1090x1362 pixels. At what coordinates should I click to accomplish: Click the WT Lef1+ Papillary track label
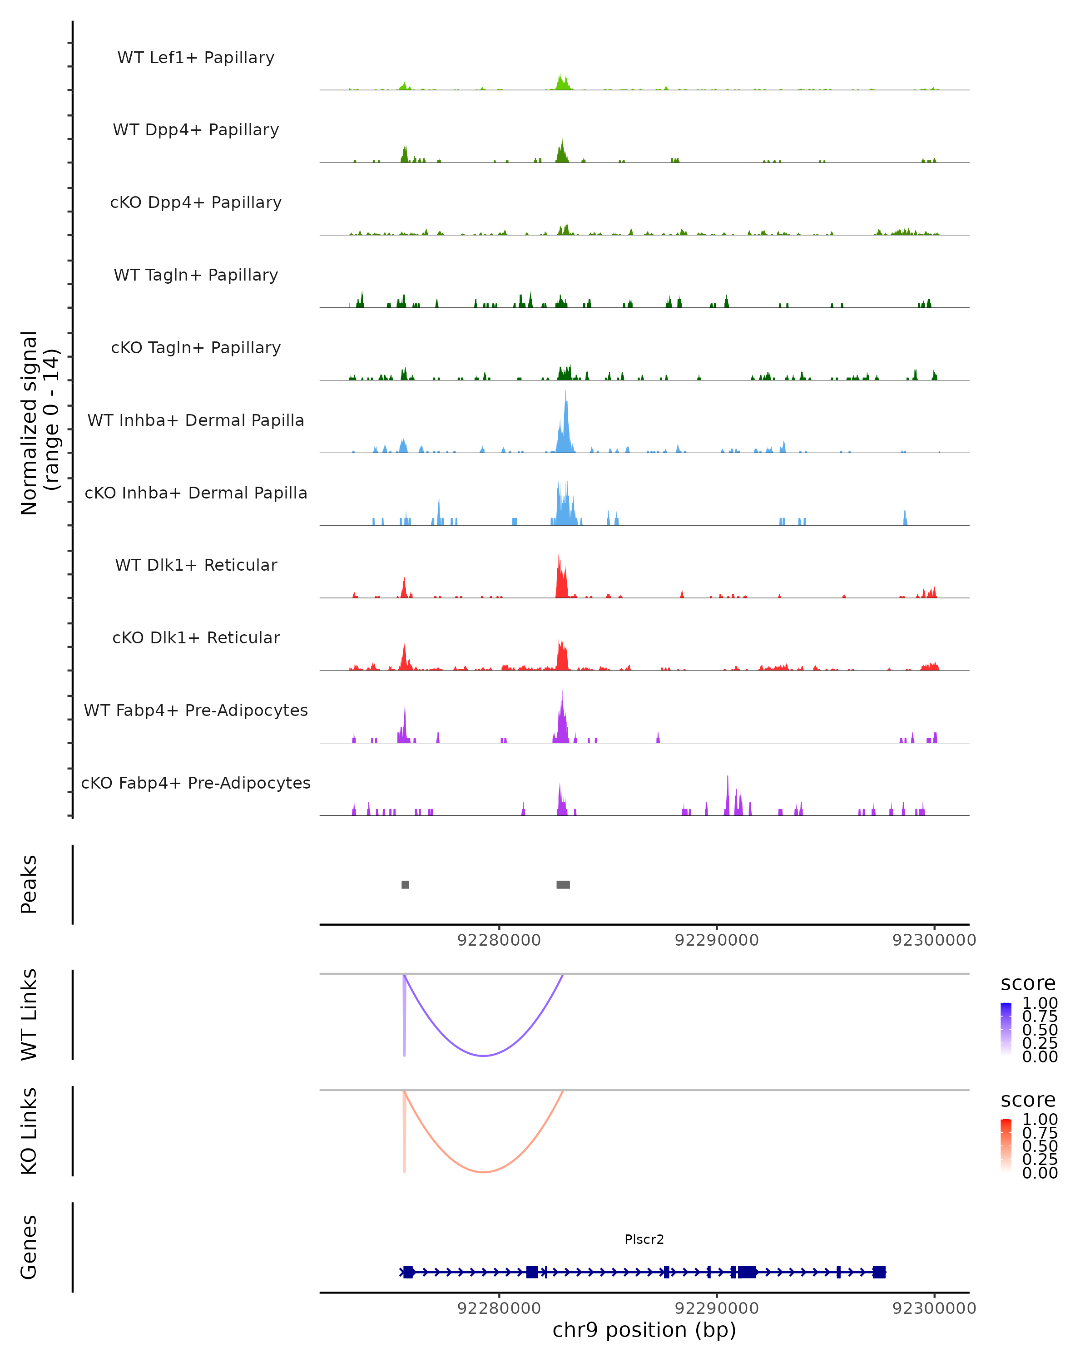(196, 58)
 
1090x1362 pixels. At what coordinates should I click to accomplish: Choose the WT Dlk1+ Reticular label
(196, 565)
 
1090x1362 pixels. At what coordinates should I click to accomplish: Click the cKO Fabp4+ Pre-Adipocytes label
(196, 783)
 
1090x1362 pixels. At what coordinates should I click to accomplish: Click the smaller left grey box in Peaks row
(405, 884)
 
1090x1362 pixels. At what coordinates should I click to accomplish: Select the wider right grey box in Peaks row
(563, 884)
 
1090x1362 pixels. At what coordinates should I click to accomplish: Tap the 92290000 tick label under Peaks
(717, 940)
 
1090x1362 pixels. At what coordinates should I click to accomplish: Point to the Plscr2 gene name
(644, 1239)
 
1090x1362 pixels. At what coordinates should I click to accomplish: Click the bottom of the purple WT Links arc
(483, 1055)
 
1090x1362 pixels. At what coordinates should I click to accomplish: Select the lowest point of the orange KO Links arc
(483, 1172)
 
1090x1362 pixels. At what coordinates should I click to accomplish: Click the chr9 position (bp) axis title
(644, 1330)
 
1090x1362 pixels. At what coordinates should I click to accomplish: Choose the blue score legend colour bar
(1006, 1028)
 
